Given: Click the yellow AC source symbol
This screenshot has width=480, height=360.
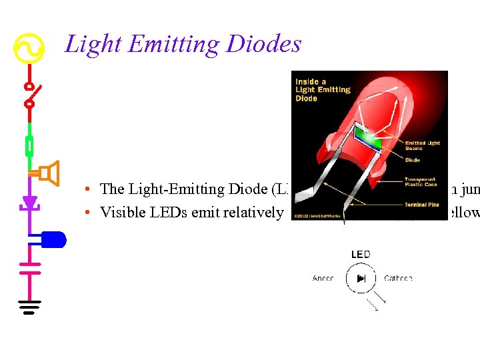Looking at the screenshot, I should coord(29,47).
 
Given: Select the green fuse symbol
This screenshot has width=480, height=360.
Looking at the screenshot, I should coord(29,145).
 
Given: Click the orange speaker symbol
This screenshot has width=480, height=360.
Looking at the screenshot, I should coord(49,173).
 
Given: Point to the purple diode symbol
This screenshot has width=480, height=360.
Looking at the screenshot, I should coord(29,202).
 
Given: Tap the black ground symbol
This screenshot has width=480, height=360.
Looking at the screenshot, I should coord(29,307).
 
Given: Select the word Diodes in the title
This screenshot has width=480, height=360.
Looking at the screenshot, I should coord(263,45).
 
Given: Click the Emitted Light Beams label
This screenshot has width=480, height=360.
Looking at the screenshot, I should coord(422,145).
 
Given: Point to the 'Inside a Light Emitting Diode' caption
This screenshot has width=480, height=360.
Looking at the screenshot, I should coord(323,90).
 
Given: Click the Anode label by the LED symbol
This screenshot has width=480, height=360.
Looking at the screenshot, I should coord(323,278).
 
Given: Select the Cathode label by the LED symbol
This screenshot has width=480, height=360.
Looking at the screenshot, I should coord(398,278).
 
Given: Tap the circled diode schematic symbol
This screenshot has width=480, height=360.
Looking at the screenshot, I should coord(361,278).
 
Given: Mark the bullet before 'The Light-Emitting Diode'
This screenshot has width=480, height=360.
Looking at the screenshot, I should coord(88,189).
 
